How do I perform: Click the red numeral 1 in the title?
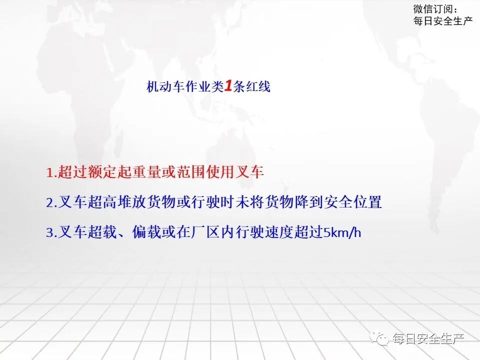point(227,86)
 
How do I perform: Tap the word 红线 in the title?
point(258,87)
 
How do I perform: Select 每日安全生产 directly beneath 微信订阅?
point(443,21)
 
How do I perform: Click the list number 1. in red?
point(51,173)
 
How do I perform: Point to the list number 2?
point(51,203)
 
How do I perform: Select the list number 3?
point(51,233)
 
